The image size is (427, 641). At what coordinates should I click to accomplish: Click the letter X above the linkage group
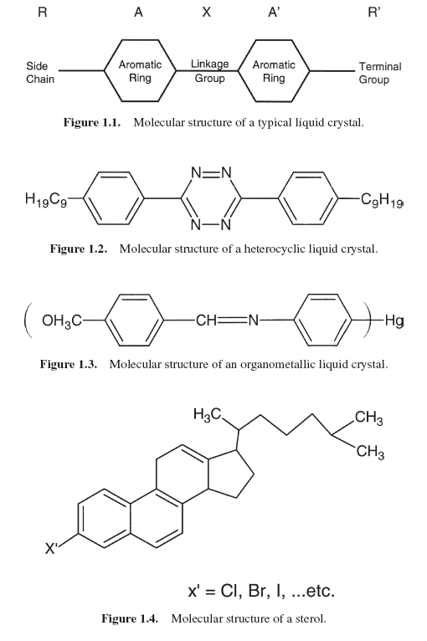(207, 13)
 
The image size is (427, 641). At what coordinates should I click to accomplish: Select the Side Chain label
(39, 72)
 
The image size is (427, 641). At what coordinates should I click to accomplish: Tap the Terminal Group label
(380, 73)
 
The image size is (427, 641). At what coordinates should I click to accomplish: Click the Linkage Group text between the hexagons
(210, 71)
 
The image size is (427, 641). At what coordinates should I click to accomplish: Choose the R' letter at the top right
(373, 13)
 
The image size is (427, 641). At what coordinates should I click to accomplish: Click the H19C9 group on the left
(46, 200)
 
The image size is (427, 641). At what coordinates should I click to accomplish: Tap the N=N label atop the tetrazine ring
(211, 173)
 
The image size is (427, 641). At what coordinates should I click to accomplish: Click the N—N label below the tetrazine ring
(211, 225)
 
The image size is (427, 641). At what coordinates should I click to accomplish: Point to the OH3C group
(62, 320)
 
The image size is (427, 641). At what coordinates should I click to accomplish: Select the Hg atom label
(394, 320)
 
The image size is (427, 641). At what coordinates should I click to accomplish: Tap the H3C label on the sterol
(208, 415)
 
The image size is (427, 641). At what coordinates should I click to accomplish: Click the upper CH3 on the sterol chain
(369, 418)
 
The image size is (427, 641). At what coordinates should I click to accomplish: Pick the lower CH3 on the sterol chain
(370, 452)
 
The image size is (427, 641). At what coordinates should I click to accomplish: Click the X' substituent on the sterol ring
(50, 548)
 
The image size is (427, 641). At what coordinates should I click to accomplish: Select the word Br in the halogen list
(258, 591)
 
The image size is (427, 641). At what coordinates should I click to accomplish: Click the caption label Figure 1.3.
(69, 364)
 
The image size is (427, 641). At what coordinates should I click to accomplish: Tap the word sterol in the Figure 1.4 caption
(311, 618)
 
